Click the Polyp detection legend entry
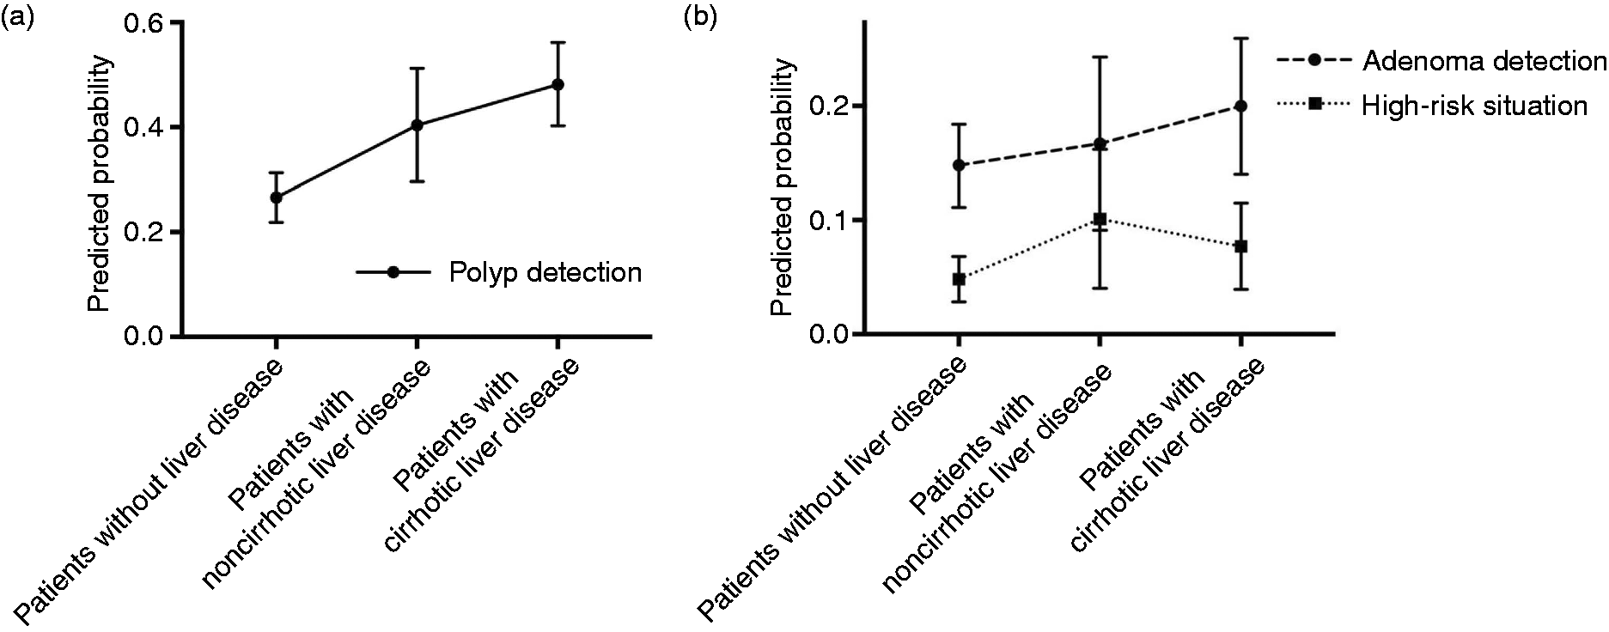tap(499, 272)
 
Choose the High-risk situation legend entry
tap(1431, 106)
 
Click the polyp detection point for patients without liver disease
tap(276, 197)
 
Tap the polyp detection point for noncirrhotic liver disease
tap(417, 125)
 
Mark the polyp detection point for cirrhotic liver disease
tap(558, 84)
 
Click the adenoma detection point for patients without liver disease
tap(958, 165)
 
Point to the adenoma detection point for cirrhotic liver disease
tap(1240, 106)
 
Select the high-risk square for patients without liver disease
tap(958, 279)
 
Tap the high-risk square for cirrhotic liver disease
tap(1240, 246)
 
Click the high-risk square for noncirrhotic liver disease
tap(1099, 219)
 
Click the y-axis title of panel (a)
tap(101, 184)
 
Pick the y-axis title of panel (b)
tap(783, 188)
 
